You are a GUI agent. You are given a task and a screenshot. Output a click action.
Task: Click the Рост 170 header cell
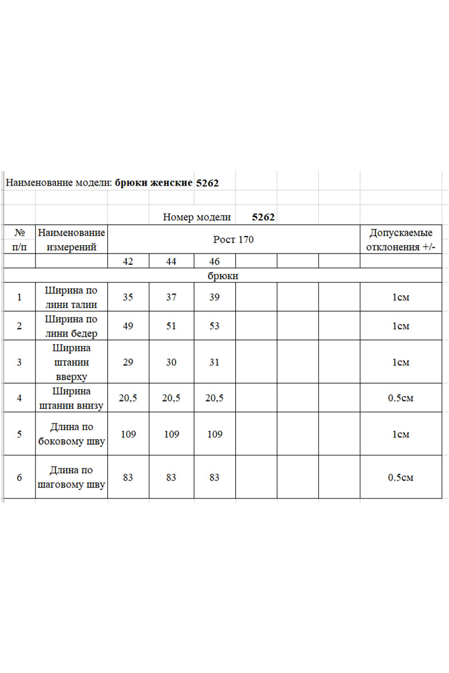tap(233, 239)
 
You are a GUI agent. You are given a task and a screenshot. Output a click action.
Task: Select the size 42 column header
tap(128, 261)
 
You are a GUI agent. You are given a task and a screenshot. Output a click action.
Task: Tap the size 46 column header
tap(214, 261)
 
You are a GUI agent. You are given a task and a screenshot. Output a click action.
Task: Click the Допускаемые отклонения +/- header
tap(400, 239)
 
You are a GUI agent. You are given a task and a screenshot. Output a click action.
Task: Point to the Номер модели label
tap(196, 217)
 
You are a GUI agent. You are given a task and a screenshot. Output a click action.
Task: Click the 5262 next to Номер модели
tap(263, 217)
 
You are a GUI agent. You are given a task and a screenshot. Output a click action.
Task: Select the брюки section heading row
tap(222, 276)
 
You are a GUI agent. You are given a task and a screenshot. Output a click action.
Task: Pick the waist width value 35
tap(128, 297)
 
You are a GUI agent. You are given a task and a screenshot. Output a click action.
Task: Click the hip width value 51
tap(171, 326)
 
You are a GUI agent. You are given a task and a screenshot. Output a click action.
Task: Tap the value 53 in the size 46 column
tap(214, 326)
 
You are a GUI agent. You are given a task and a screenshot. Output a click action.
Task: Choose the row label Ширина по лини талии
tap(71, 297)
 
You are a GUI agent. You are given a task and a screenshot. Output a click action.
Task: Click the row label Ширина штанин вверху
tap(71, 362)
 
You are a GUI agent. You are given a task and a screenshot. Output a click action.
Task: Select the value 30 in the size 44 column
tap(171, 362)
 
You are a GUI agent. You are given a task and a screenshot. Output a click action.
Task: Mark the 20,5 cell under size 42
tap(128, 398)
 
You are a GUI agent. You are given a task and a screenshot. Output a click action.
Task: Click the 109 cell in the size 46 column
tap(214, 434)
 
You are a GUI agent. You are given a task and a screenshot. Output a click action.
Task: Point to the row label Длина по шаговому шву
tap(71, 477)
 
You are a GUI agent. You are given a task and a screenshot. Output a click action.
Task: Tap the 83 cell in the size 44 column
tap(171, 477)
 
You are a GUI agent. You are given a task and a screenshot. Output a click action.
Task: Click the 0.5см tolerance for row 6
tap(400, 477)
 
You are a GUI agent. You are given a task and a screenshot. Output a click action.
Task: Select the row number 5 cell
tap(19, 434)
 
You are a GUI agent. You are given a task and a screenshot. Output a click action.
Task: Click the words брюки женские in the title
tap(153, 183)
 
